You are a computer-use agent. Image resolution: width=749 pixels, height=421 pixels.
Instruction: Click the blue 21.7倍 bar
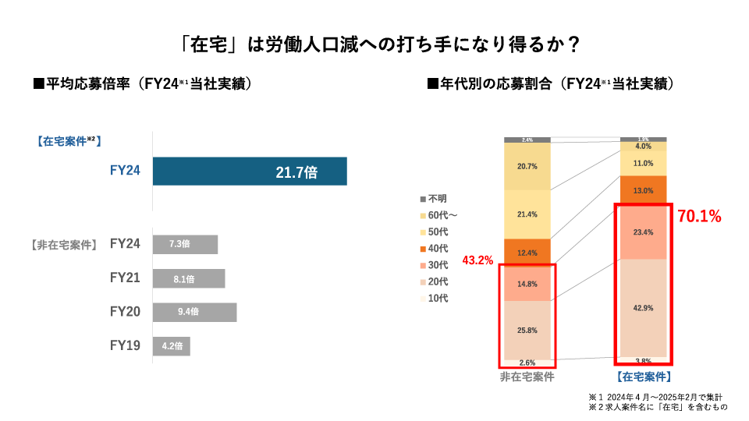[250, 172]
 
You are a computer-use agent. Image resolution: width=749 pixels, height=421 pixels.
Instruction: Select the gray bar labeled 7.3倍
[185, 244]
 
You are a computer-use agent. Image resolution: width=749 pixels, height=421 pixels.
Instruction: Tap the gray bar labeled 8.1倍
[189, 278]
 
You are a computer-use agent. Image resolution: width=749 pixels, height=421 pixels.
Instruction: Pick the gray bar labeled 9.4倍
[194, 312]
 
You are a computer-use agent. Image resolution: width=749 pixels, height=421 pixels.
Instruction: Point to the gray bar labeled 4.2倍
[171, 345]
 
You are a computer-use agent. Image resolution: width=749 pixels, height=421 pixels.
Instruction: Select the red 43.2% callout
[477, 260]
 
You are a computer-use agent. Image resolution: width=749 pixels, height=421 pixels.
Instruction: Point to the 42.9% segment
[644, 308]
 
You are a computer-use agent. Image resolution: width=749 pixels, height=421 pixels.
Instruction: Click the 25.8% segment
[527, 331]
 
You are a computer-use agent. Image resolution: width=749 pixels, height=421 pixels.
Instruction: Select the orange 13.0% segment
[644, 191]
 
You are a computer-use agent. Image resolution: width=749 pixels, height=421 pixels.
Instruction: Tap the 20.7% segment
[527, 167]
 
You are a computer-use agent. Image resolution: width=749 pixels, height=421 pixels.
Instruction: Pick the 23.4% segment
[644, 232]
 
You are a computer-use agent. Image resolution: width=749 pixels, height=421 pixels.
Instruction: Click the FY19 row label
[125, 345]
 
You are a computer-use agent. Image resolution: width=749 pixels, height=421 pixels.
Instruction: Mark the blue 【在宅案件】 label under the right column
[644, 377]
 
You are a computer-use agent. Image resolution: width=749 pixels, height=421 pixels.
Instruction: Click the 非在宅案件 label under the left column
[527, 377]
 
